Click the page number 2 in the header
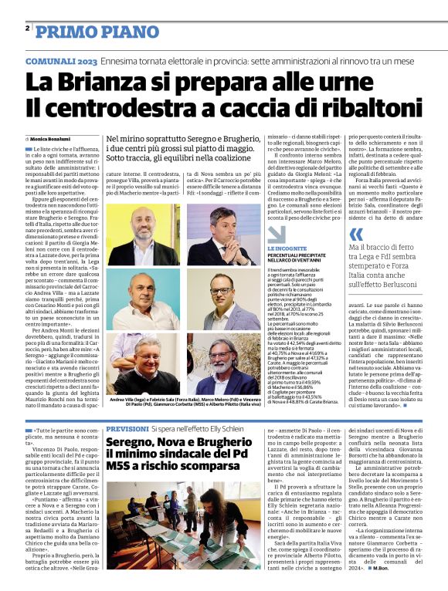[27, 28]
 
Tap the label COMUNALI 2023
[60, 60]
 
